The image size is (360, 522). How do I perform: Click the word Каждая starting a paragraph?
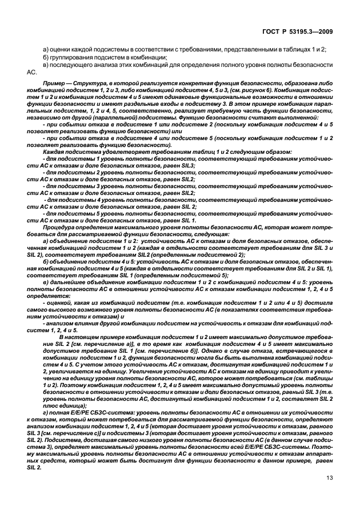tap(54, 153)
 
